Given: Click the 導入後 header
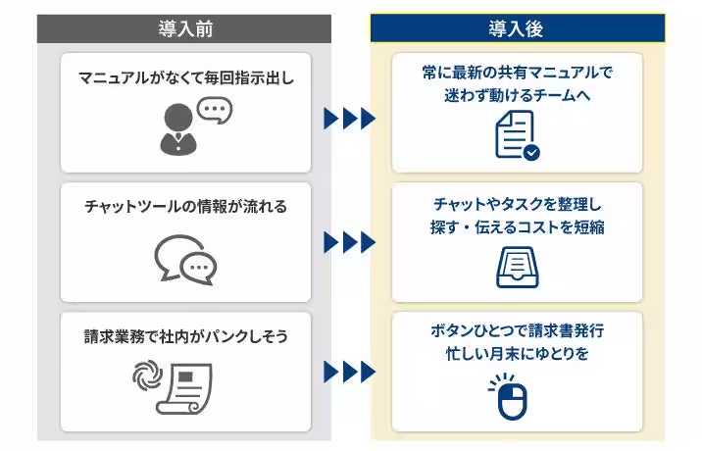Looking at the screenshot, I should [516, 28].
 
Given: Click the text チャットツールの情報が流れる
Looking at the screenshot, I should [186, 207].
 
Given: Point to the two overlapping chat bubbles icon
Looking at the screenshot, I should [186, 258].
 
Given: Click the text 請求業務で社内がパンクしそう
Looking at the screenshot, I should [186, 336].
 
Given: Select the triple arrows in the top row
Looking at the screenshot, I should [349, 119].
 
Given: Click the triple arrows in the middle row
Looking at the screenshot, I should [349, 241].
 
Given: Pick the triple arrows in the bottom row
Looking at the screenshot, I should [349, 372].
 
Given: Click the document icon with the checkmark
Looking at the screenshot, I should [516, 136].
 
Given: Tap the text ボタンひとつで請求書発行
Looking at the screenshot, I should [516, 329].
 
